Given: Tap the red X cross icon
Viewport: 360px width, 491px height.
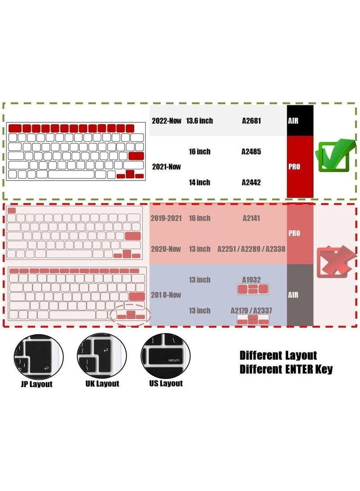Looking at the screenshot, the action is (336, 262).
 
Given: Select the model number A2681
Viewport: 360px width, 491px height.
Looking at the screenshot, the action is (252, 121).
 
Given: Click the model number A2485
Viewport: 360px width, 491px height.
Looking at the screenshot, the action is (251, 152).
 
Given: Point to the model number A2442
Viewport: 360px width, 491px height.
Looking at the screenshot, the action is (251, 183).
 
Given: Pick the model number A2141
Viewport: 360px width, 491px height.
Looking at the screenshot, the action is (252, 218).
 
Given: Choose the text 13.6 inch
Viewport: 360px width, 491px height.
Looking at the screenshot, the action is (199, 121).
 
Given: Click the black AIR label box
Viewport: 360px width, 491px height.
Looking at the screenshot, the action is (300, 121).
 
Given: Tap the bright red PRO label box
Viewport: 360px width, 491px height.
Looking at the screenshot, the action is (300, 167).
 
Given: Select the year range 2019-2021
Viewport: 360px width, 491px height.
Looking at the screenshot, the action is (166, 218).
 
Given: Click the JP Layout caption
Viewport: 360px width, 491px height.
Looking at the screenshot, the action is (36, 384).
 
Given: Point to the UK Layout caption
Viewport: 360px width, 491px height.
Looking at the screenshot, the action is (102, 384).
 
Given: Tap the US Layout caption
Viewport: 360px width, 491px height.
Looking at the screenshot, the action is (166, 383).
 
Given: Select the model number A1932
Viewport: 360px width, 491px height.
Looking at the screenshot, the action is (252, 279).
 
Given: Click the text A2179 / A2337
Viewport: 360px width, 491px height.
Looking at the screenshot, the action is (252, 311).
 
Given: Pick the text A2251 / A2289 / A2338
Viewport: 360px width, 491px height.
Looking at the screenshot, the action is (252, 249).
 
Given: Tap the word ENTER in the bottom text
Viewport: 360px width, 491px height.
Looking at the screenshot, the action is (299, 369).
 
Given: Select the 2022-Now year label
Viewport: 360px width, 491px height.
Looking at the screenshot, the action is (166, 121).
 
